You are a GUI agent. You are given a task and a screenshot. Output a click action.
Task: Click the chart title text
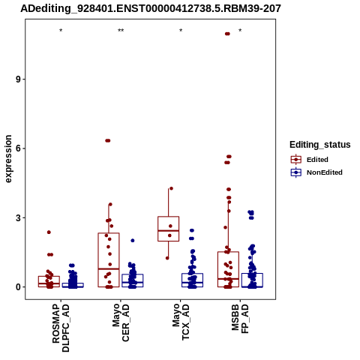(151, 8)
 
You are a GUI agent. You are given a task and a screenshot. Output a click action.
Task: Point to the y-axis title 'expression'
(8, 159)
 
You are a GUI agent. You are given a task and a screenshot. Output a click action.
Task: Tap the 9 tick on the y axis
(18, 79)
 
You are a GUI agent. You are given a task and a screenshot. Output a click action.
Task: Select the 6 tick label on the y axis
(18, 148)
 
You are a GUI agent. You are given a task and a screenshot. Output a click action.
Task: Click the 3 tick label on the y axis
(18, 217)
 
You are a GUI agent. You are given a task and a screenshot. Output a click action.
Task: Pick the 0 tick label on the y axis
(18, 287)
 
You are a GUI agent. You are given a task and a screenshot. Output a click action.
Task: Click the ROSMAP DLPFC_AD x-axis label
(61, 328)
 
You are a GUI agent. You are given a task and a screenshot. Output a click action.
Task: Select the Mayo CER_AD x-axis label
(121, 322)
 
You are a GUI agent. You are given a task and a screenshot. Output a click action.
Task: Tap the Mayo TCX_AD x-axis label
(181, 322)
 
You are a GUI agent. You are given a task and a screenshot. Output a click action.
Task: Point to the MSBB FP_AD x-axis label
(240, 319)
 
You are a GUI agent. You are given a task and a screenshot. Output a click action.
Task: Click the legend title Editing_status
(320, 145)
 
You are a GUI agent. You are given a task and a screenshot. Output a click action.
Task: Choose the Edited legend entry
(310, 160)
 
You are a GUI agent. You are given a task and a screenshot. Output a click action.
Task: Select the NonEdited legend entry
(316, 172)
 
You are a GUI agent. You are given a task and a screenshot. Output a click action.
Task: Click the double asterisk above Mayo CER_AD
(121, 31)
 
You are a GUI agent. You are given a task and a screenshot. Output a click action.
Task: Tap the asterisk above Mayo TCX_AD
(181, 31)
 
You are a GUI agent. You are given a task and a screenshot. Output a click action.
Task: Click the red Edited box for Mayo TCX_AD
(169, 229)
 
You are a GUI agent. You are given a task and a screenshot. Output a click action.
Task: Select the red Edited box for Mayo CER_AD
(109, 260)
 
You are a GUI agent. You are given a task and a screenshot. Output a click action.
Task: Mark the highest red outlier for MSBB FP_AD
(227, 34)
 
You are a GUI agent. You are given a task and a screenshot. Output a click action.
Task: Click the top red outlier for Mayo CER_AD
(108, 141)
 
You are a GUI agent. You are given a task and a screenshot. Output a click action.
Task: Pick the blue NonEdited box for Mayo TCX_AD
(193, 280)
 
